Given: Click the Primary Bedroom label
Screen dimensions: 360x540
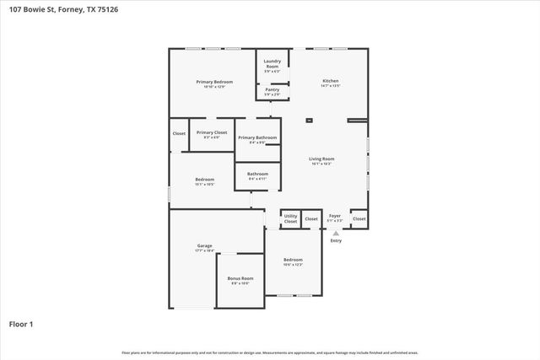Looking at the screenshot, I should tap(213, 82).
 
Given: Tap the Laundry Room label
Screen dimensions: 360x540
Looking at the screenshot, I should tap(272, 62).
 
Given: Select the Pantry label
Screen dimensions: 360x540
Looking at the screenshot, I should tap(272, 89).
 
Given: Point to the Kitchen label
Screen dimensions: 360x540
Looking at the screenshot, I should tap(330, 81).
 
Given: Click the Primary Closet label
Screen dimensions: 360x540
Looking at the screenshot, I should tap(212, 132).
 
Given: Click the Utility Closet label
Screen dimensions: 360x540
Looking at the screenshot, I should tap(290, 218).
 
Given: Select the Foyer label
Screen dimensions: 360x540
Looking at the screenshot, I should tap(335, 216).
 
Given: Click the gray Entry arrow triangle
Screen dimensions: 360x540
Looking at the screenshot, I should tap(336, 233).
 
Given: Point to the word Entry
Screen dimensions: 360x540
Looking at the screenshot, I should tap(336, 241).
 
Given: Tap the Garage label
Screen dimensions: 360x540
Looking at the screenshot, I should tap(204, 246).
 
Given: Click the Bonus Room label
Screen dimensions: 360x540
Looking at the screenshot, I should tap(240, 278).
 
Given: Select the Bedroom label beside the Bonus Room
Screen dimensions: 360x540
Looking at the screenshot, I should tap(293, 259).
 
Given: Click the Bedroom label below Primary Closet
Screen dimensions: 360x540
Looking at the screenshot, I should tap(204, 179).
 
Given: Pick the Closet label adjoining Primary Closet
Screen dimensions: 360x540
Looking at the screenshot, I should tap(179, 133).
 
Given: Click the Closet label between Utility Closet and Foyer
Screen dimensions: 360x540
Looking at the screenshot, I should tap(311, 218).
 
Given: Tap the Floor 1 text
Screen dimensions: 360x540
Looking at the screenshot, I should tap(21, 324).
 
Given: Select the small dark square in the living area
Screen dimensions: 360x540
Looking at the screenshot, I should tap(308, 121).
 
